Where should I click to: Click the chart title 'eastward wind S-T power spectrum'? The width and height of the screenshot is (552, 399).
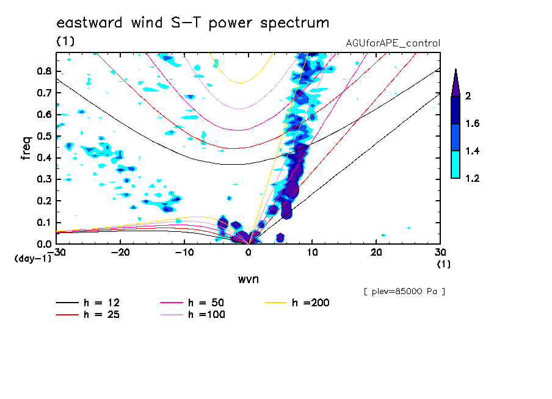click(x=193, y=23)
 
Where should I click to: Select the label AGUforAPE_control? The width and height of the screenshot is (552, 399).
click(x=393, y=43)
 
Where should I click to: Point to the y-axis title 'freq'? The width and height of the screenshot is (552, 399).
click(x=26, y=148)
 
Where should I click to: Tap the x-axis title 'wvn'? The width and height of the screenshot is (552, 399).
click(x=248, y=279)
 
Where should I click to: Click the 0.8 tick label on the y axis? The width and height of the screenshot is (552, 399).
click(x=43, y=71)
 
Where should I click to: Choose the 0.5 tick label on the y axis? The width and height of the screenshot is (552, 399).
click(x=43, y=136)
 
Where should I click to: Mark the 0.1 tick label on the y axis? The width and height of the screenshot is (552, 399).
click(x=43, y=223)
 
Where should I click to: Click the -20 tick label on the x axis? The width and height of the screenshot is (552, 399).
click(x=119, y=252)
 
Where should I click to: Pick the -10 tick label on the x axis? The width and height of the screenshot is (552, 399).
click(x=183, y=252)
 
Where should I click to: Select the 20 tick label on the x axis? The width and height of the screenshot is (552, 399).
click(x=376, y=252)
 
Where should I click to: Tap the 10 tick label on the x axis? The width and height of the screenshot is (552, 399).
click(x=312, y=252)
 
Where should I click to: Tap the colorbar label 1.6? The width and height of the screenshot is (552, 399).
click(x=474, y=124)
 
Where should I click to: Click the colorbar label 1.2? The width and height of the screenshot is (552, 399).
click(x=474, y=179)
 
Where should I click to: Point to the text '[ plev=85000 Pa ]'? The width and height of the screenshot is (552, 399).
click(x=404, y=292)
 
